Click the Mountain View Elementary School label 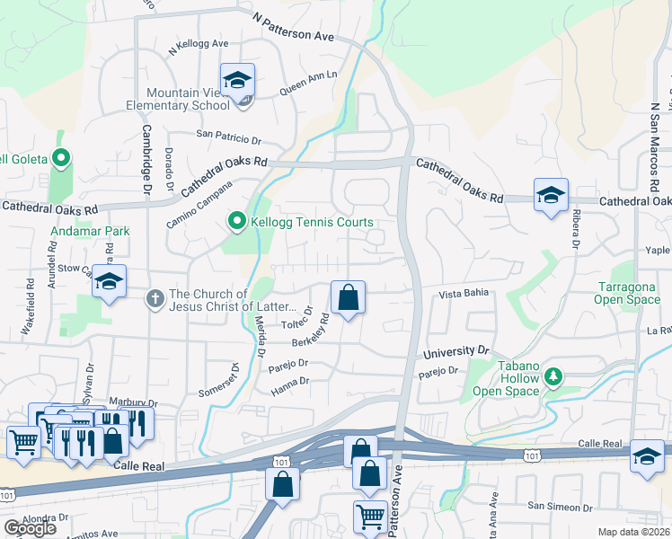tap(188, 99)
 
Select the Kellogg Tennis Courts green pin tap(237, 220)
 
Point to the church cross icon tap(155, 297)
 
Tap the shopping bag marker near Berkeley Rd tap(348, 296)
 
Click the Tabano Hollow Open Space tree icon tap(555, 375)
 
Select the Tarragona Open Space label tap(630, 293)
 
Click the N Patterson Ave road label tap(293, 28)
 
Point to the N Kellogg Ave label tap(199, 48)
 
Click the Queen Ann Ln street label tap(308, 84)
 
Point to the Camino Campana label tap(198, 206)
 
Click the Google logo tap(30, 527)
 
